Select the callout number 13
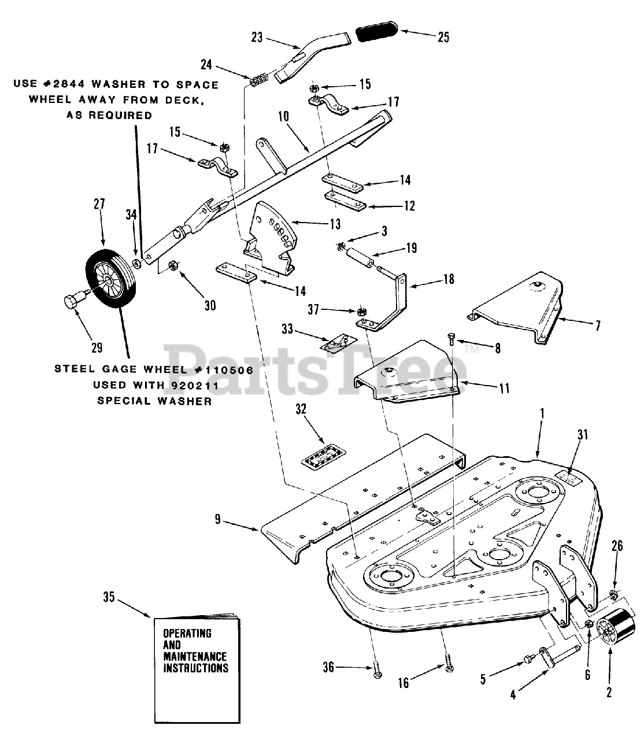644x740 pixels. tap(335, 224)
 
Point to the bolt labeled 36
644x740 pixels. tap(376, 674)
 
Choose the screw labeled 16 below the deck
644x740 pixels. tap(449, 665)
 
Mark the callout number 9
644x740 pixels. tap(217, 519)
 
